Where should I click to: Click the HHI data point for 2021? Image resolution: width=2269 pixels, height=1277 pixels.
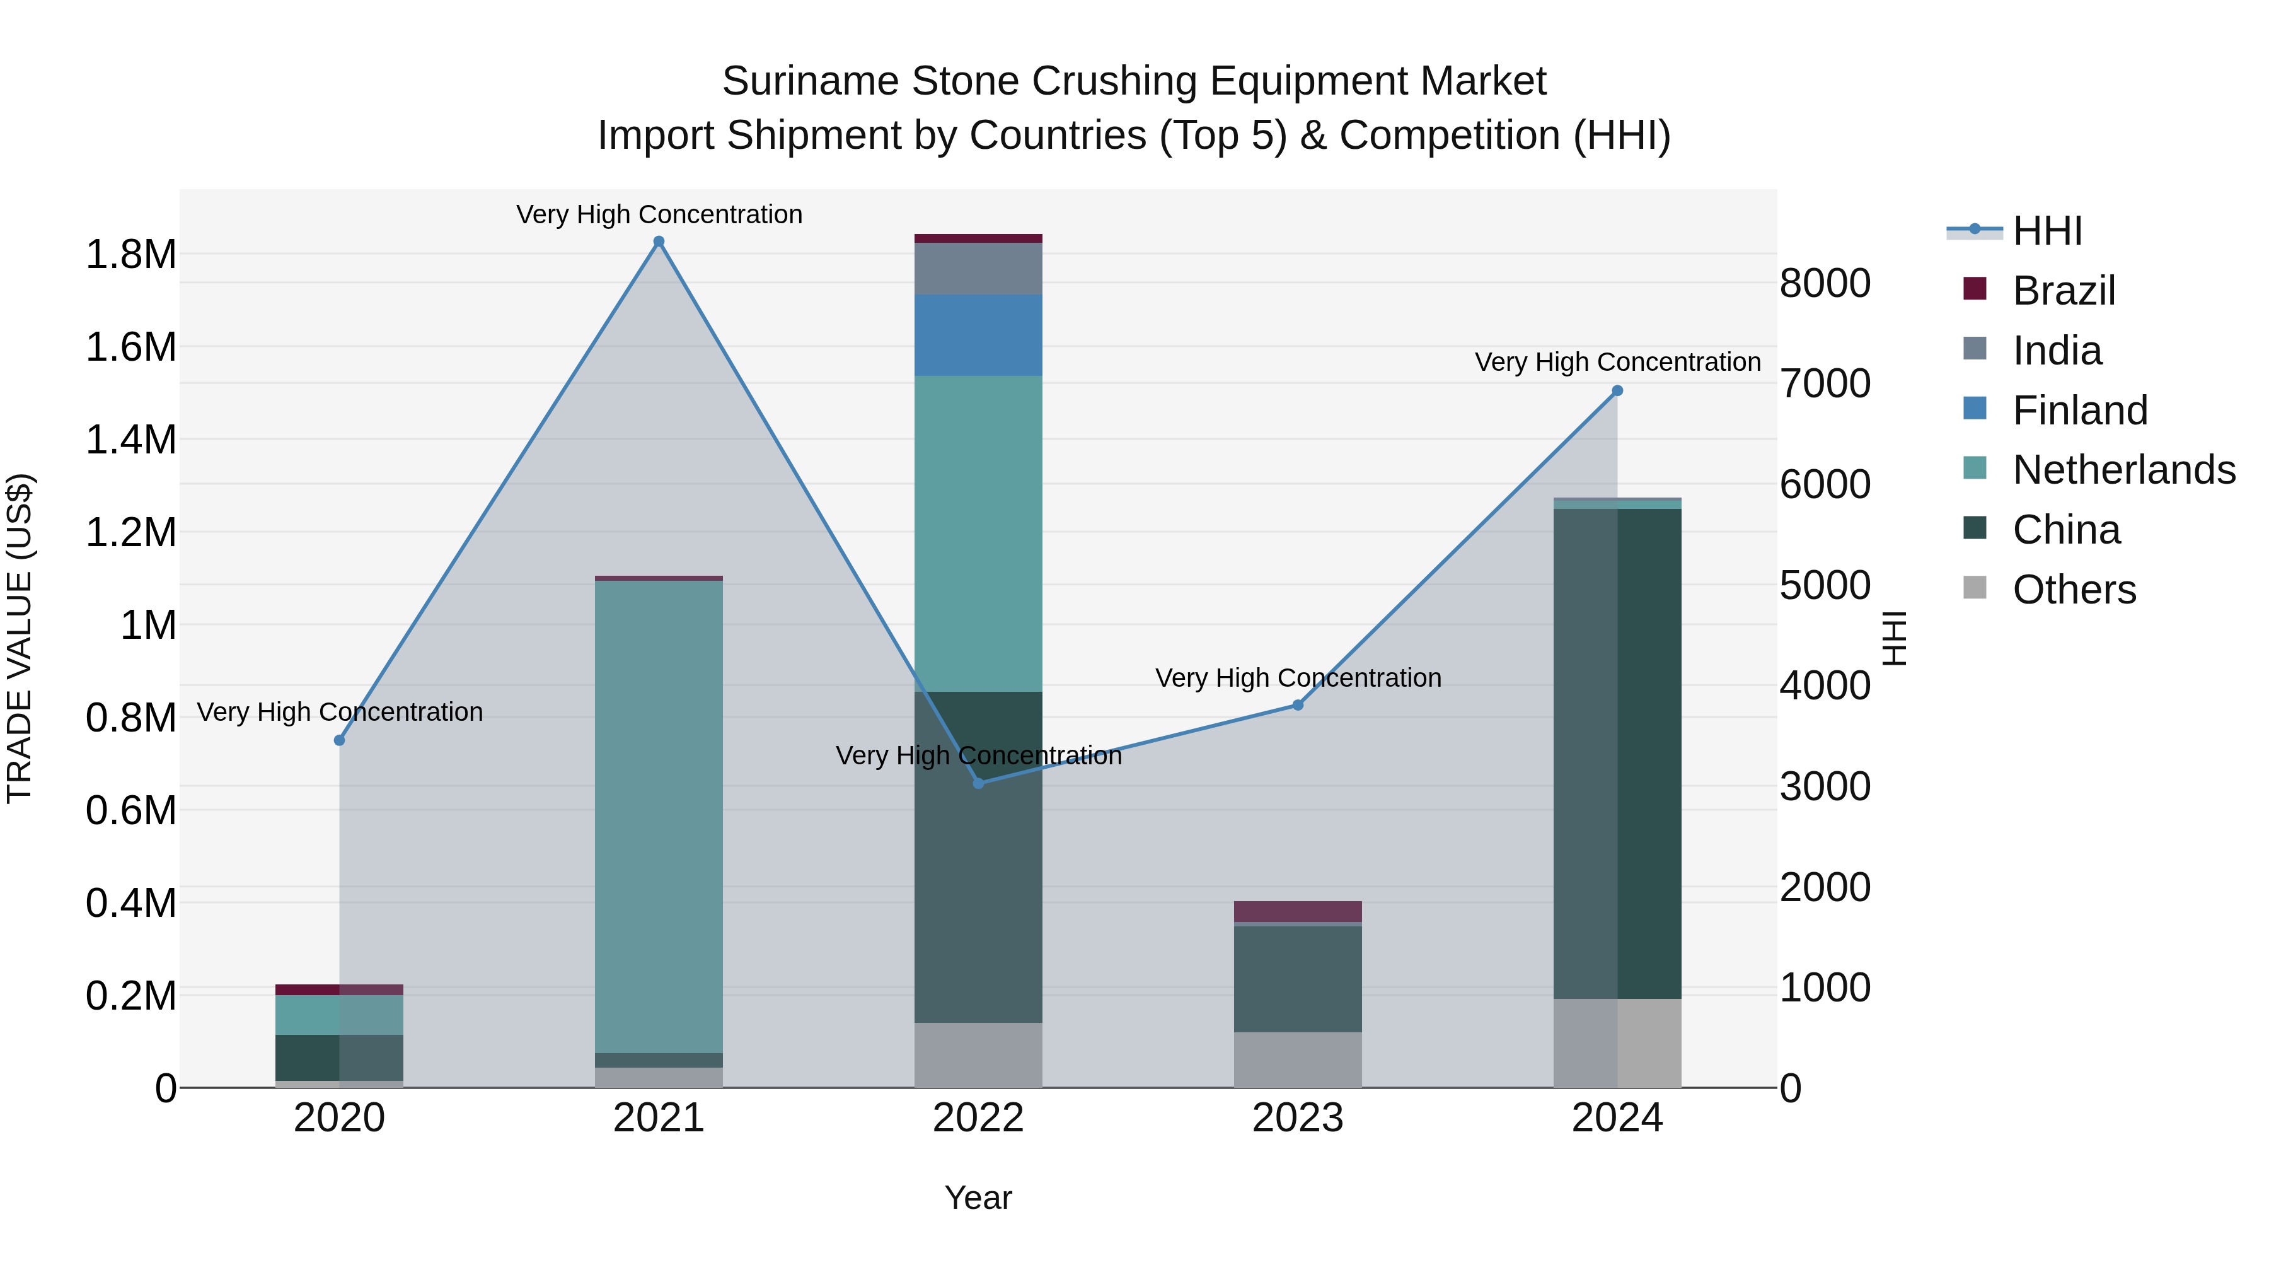pyautogui.click(x=659, y=242)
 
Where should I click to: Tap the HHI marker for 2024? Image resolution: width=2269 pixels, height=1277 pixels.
pyautogui.click(x=1617, y=390)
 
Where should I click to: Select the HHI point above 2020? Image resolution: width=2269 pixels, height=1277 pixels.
pyautogui.click(x=339, y=740)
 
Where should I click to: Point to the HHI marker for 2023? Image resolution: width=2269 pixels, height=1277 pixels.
pyautogui.click(x=1298, y=705)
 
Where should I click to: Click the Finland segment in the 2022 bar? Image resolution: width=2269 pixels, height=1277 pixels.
pyautogui.click(x=978, y=335)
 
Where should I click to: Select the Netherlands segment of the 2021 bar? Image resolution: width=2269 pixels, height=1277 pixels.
pyautogui.click(x=659, y=815)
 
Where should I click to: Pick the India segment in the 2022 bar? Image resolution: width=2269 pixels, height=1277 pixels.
pyautogui.click(x=978, y=268)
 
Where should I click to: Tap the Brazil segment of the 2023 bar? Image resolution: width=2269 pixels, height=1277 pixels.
pyautogui.click(x=1298, y=911)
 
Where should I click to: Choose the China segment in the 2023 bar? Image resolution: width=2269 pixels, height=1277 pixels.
pyautogui.click(x=1298, y=978)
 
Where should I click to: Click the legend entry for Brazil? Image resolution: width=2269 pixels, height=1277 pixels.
pyautogui.click(x=2063, y=291)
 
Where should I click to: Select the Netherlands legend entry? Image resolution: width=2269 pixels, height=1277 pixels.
pyautogui.click(x=2123, y=470)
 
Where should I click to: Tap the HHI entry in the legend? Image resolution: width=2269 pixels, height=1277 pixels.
pyautogui.click(x=2046, y=231)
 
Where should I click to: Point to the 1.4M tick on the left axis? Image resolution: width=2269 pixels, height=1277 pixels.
pyautogui.click(x=130, y=440)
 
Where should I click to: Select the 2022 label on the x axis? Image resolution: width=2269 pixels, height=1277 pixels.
pyautogui.click(x=978, y=1118)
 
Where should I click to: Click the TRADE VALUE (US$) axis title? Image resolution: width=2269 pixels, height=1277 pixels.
pyautogui.click(x=20, y=638)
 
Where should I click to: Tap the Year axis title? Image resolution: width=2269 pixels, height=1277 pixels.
pyautogui.click(x=978, y=1198)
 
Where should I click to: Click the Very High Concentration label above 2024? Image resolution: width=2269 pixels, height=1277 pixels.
pyautogui.click(x=1617, y=362)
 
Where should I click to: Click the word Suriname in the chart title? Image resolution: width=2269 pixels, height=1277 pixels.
pyautogui.click(x=809, y=81)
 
